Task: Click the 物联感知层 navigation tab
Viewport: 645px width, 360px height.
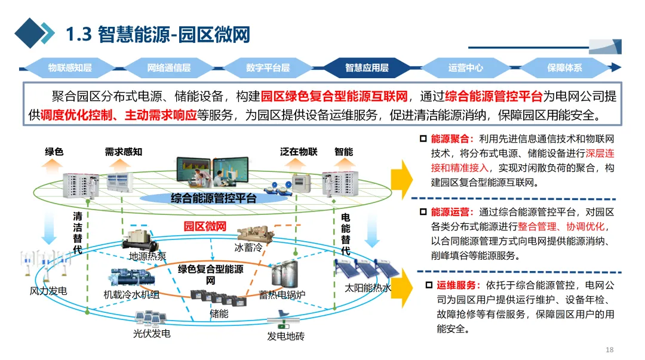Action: [70, 67]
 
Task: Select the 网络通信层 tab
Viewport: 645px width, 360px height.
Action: [169, 67]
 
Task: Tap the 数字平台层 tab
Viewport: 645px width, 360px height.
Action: [268, 67]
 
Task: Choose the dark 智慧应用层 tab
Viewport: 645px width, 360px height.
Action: [367, 67]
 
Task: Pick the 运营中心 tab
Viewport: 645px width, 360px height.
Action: [465, 67]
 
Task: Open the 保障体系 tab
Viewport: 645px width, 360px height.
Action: [564, 67]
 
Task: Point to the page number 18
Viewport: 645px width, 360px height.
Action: [609, 349]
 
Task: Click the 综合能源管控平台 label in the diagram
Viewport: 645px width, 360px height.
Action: [213, 198]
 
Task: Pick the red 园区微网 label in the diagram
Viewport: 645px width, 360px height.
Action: [204, 226]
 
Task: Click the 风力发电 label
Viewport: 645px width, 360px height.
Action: [48, 291]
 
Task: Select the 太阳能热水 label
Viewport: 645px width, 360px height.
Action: [368, 288]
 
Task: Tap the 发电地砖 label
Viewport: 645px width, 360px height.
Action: [285, 336]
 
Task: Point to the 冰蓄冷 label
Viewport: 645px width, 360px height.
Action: [248, 247]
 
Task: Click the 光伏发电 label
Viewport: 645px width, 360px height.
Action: [151, 333]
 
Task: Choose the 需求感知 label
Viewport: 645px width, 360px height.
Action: [124, 152]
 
